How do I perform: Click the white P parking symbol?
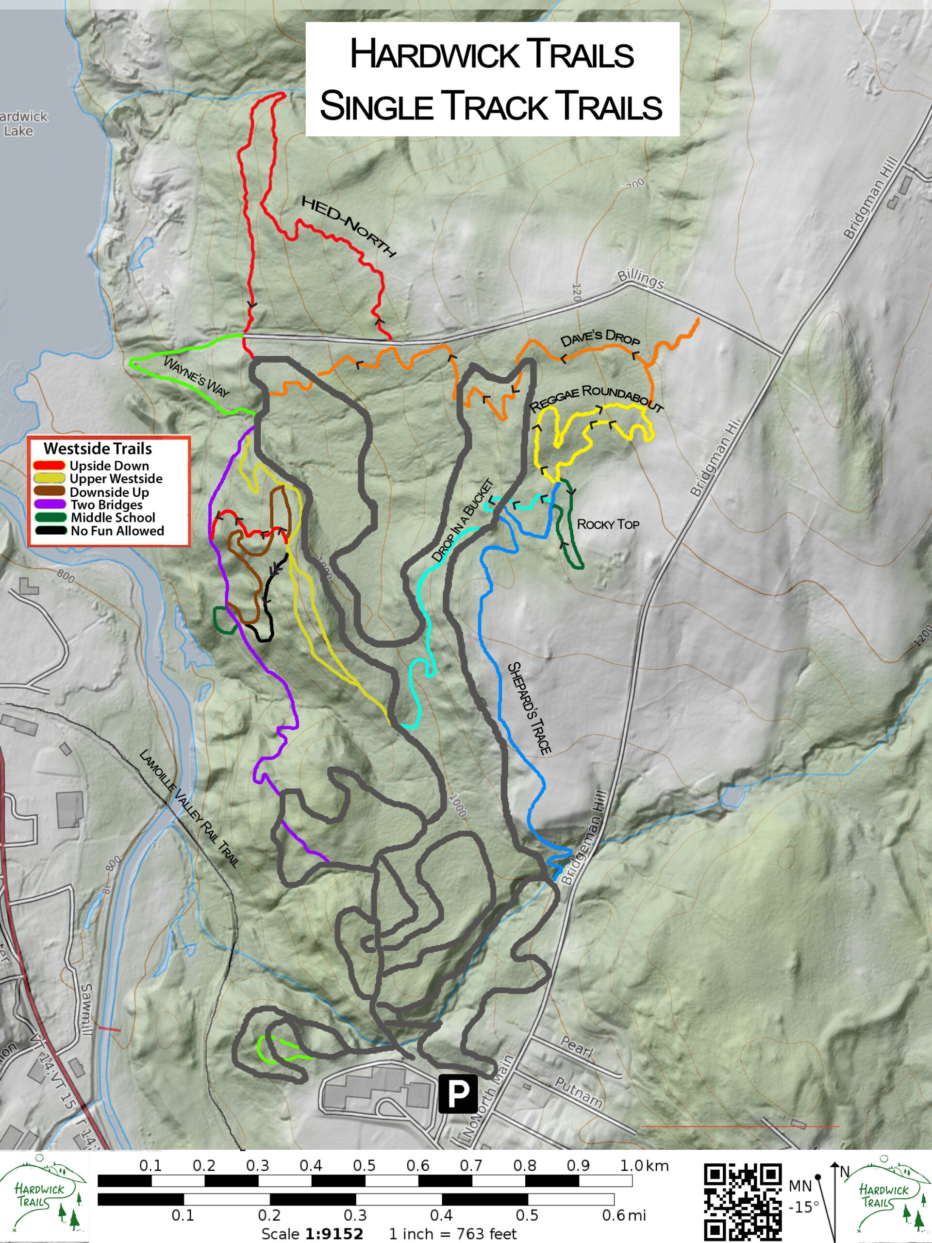click(x=458, y=1093)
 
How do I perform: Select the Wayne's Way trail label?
click(x=196, y=376)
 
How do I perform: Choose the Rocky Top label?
click(x=608, y=524)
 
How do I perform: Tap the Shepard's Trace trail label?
click(x=529, y=707)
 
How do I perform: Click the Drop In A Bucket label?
click(x=463, y=520)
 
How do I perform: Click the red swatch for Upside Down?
click(x=50, y=466)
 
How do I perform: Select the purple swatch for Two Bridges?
click(x=50, y=504)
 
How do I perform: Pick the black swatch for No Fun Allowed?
click(x=50, y=531)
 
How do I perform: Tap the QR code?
click(x=743, y=1203)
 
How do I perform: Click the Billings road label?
click(x=640, y=279)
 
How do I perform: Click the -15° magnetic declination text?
click(x=803, y=1207)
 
